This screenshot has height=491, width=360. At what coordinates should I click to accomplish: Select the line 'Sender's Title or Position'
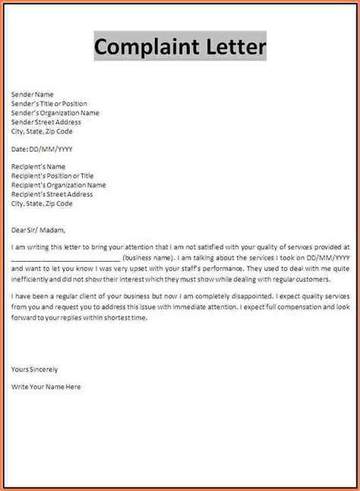(49, 104)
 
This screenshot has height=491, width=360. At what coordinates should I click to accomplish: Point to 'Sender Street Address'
(46, 122)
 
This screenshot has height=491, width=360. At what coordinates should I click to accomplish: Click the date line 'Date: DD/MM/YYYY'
(43, 149)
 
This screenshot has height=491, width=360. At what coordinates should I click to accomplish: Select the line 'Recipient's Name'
(39, 167)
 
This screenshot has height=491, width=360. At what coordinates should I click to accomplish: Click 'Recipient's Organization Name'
(59, 185)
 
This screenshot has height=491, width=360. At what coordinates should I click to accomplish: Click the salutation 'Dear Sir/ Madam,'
(39, 230)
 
